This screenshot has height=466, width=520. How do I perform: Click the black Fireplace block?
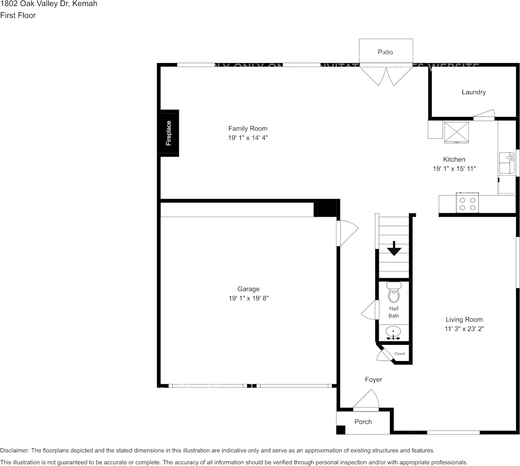[x=168, y=133]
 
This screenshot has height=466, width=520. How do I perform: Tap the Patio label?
[x=385, y=52]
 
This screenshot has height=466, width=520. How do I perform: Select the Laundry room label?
[x=473, y=92]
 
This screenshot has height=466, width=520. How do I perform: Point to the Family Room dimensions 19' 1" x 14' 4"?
[x=248, y=138]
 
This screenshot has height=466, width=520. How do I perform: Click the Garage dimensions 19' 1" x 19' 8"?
[x=248, y=298]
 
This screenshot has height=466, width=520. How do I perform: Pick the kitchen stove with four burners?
[x=467, y=203]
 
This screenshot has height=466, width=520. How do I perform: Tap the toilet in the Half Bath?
[x=393, y=294]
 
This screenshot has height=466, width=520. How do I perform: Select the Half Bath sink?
[x=393, y=333]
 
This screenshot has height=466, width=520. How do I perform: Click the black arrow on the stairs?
[x=393, y=249]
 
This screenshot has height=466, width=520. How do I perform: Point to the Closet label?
[x=399, y=354]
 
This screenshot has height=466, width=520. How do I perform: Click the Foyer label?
[x=373, y=379]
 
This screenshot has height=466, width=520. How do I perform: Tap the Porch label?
[x=363, y=422]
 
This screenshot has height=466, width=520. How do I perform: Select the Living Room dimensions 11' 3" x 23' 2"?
[x=464, y=329]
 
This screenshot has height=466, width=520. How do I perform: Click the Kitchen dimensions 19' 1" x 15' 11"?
[x=454, y=168]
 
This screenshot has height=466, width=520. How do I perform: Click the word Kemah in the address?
[x=84, y=4]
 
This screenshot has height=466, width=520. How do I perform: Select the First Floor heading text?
[x=18, y=15]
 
